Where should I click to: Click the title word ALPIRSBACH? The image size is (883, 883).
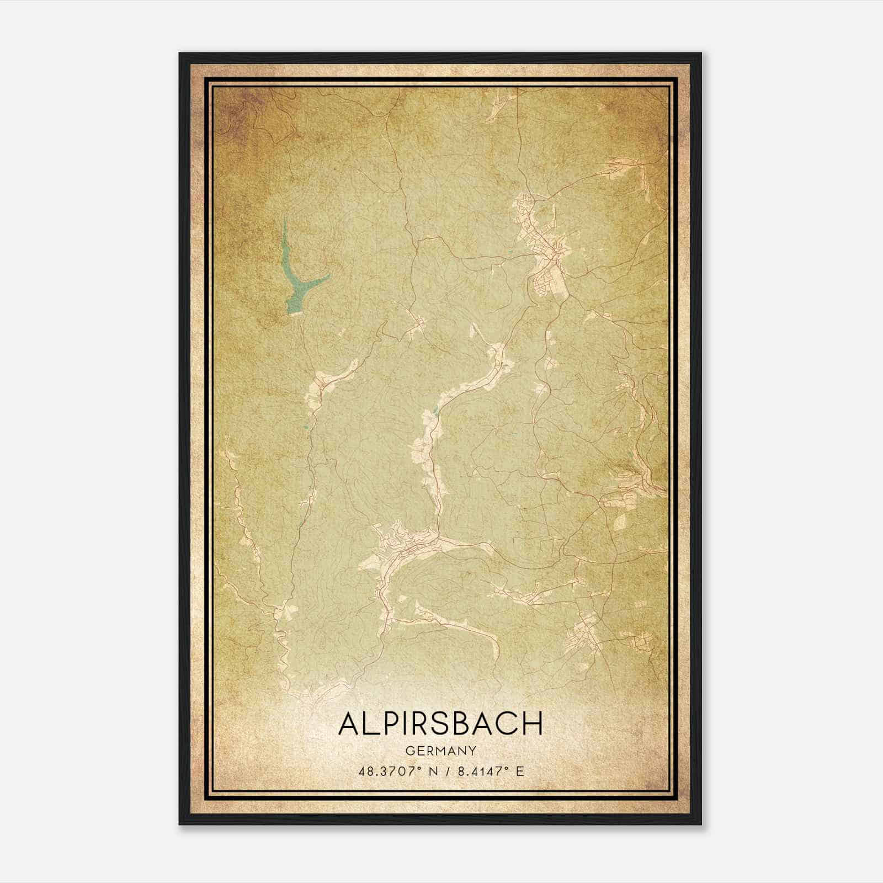click(440, 724)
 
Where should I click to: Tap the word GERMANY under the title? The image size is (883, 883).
click(440, 751)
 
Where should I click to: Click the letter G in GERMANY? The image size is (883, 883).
click(409, 751)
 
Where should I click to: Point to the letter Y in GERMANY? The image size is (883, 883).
click(472, 751)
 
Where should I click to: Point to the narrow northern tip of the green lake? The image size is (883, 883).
click(285, 221)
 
